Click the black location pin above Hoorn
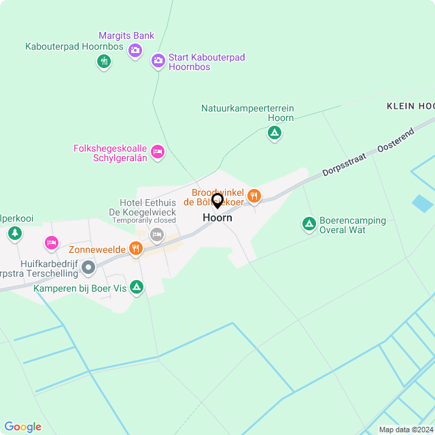coord(217,201)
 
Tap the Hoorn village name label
coord(217,218)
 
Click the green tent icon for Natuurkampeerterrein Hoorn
coord(274,133)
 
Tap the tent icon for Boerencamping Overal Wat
coord(309,224)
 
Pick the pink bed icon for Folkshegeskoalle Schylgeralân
coord(158,151)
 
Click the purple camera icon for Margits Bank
coord(135,50)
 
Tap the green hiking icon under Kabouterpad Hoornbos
coord(103,62)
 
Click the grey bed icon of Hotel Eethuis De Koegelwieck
coord(156,234)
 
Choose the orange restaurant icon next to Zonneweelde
coord(136,249)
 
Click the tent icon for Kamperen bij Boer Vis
coord(137,288)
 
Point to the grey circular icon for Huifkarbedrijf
coord(88,268)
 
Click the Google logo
coord(22,426)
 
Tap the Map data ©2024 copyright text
coord(405,430)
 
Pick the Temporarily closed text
coord(144,221)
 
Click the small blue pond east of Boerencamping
coord(421,203)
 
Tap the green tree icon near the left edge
coord(14,234)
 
